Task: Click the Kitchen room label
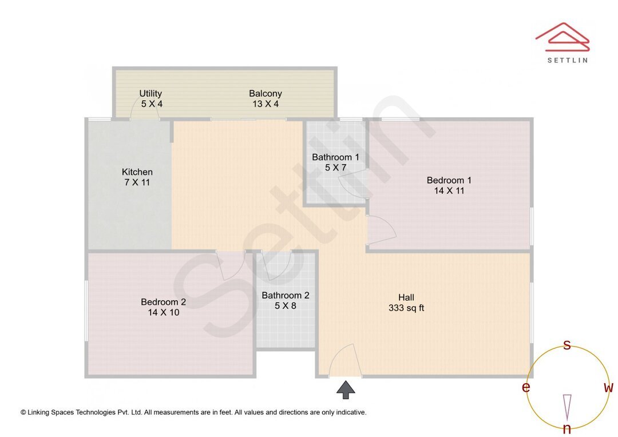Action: [x=137, y=172]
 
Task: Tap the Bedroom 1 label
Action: [x=449, y=180]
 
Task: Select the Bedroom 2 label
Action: [x=163, y=302]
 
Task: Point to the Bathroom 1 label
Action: [x=335, y=157]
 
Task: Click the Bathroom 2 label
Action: [x=285, y=296]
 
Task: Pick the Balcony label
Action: [x=265, y=93]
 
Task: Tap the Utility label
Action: [x=150, y=93]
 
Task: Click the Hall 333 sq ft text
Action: [x=406, y=303]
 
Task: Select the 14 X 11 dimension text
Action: [x=449, y=190]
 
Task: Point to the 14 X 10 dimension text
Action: [x=163, y=312]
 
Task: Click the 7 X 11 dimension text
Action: [x=137, y=182]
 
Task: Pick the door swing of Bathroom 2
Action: [x=279, y=265]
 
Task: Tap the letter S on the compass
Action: [x=567, y=345]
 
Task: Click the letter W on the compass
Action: [x=608, y=388]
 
